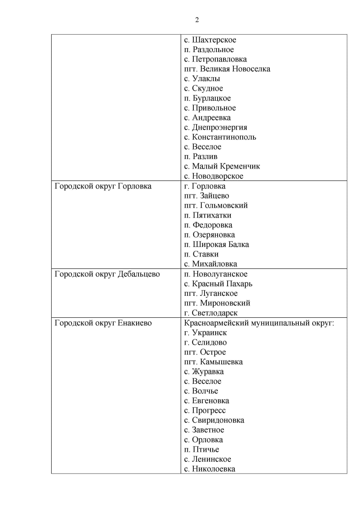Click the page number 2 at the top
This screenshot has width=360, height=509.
[x=197, y=20]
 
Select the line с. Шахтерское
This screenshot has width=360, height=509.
[x=210, y=40]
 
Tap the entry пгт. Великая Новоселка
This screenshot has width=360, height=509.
[x=227, y=69]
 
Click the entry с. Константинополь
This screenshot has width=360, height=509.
[x=220, y=137]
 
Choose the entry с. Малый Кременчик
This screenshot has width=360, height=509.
[x=222, y=166]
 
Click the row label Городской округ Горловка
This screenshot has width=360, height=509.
[x=103, y=186]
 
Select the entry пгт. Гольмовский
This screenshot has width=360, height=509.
[x=216, y=206]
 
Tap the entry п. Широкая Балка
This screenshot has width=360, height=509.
[x=216, y=245]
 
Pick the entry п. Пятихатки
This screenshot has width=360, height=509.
[x=207, y=216]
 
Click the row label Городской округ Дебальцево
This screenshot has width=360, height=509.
[x=107, y=274]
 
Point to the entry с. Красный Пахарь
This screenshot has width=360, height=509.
[x=218, y=284]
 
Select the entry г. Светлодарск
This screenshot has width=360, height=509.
[x=210, y=313]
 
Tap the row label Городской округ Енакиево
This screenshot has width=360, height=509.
[x=103, y=323]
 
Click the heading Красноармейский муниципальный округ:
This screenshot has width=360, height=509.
[x=259, y=323]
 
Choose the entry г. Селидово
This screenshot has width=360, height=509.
[x=205, y=342]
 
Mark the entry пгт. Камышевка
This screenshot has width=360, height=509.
[x=213, y=362]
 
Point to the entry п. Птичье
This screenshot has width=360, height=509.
[x=201, y=450]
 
